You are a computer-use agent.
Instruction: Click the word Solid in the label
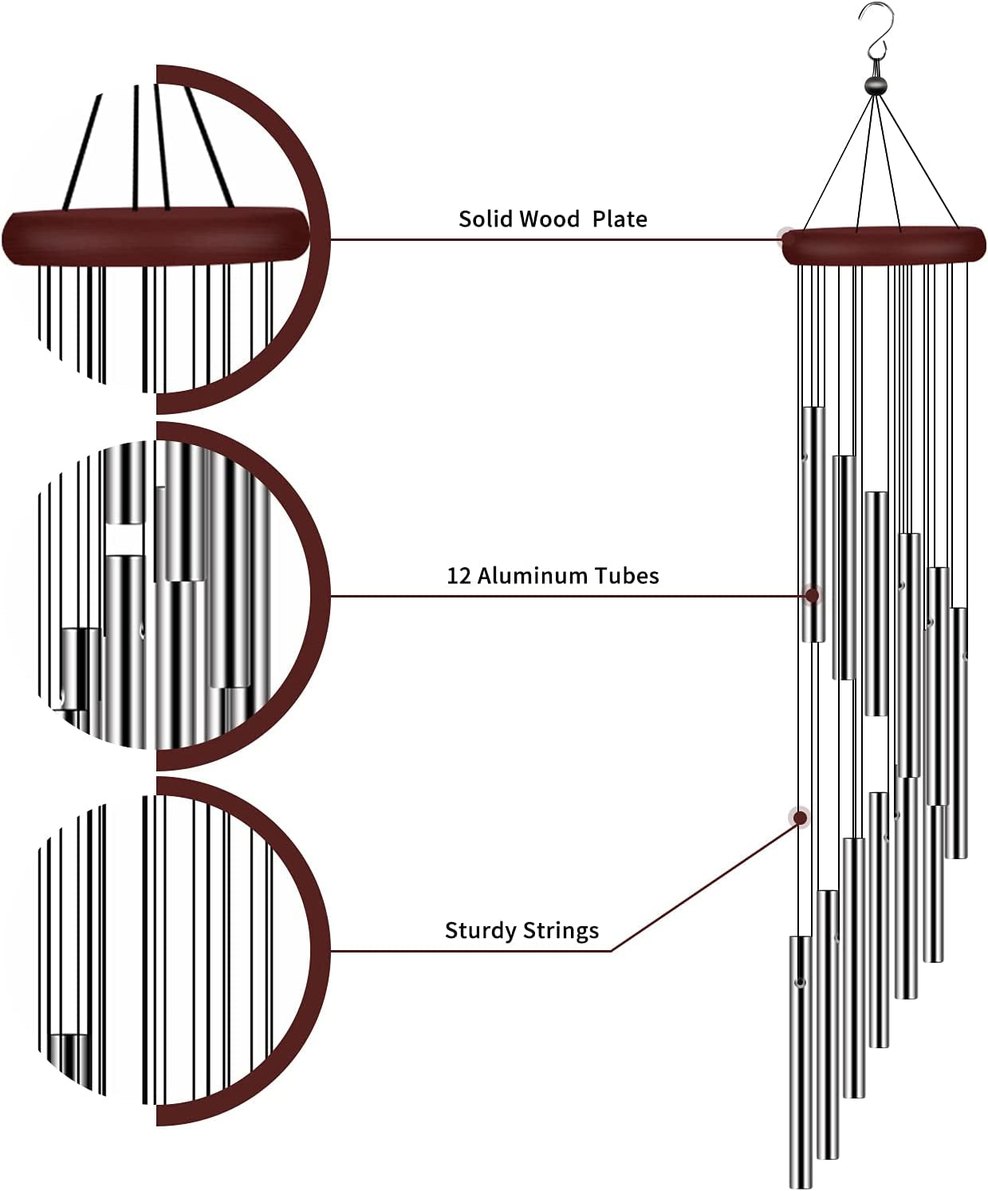click(x=486, y=219)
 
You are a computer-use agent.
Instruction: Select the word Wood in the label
click(x=550, y=219)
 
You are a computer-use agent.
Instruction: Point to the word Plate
click(x=620, y=219)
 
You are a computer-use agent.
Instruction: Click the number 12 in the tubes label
click(x=459, y=575)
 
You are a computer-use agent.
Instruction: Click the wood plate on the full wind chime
click(x=884, y=246)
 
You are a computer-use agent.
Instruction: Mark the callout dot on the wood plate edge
click(x=786, y=236)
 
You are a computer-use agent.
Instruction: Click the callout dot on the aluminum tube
click(x=813, y=595)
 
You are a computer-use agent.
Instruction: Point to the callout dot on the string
click(x=799, y=817)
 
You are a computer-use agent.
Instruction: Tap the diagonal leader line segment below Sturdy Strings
click(x=702, y=885)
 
